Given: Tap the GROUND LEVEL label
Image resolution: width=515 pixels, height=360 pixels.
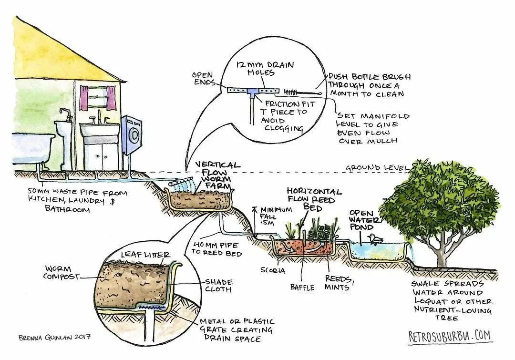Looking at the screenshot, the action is (x=377, y=168).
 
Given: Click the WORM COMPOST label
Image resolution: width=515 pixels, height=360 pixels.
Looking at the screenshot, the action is (x=60, y=272).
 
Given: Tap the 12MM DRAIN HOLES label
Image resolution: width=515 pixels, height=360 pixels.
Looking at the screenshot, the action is (x=259, y=68).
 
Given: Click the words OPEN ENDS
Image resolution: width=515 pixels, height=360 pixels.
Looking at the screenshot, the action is (x=203, y=79).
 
